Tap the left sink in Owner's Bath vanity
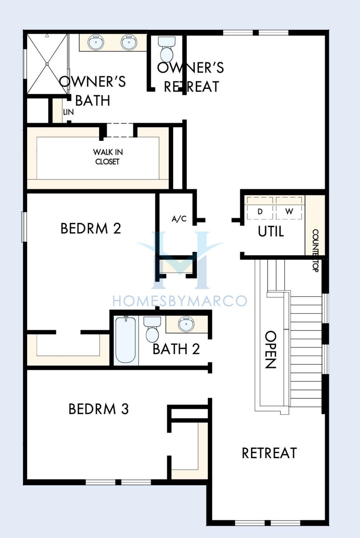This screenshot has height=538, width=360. point(96,42)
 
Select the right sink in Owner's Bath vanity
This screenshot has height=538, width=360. point(129,42)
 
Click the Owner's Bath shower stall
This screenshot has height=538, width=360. point(47,64)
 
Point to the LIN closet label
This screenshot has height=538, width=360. point(68,112)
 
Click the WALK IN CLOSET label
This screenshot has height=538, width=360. point(108,157)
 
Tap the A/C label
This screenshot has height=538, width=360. point(179,219)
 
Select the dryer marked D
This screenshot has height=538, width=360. point(260,208)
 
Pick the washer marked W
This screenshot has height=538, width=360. point(289,208)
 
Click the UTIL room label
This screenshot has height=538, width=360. point(271,232)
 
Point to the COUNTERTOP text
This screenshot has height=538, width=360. point(316,250)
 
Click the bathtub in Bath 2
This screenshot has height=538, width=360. point(126,341)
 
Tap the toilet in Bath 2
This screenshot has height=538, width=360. point(152,329)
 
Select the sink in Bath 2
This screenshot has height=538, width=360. point(186,324)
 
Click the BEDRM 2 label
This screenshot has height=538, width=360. point(91,228)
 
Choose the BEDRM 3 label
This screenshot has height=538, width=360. point(99,409)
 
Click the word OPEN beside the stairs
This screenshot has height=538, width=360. point(270,350)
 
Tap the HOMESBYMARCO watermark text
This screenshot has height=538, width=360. point(180,301)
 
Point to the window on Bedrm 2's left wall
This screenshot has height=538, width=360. point(24,227)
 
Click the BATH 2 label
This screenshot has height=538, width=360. point(176,349)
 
